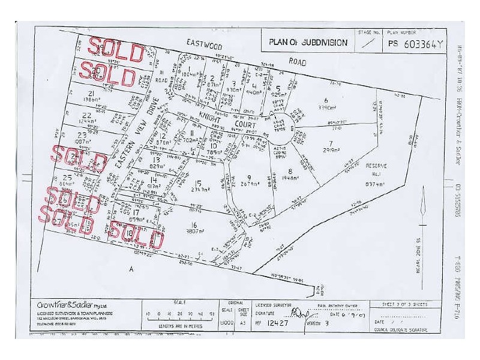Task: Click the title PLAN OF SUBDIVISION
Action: (x=308, y=42)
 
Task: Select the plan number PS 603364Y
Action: (x=415, y=43)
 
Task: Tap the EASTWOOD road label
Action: (x=204, y=43)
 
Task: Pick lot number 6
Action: (x=326, y=100)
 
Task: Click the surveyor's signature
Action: (x=296, y=313)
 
